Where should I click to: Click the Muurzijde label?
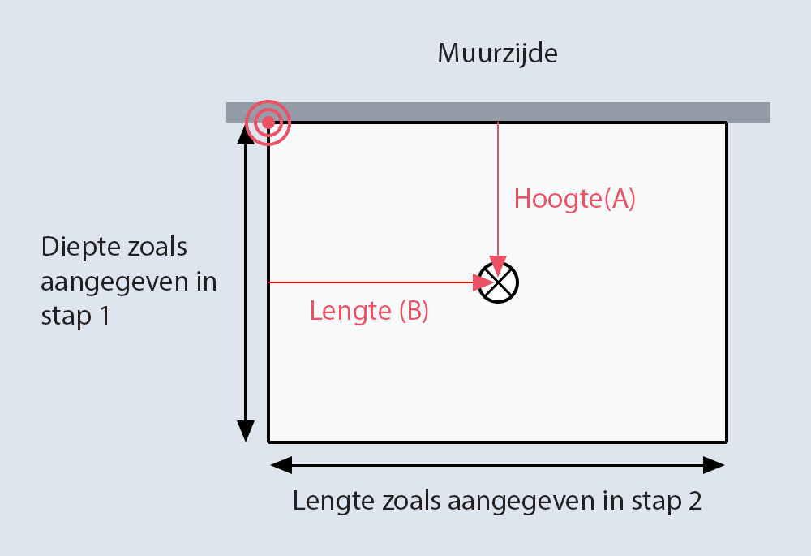pyautogui.click(x=498, y=54)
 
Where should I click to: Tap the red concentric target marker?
pyautogui.click(x=268, y=123)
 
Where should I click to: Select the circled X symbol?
pyautogui.click(x=497, y=282)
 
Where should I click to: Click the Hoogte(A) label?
pyautogui.click(x=574, y=199)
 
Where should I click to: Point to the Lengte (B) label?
pyautogui.click(x=369, y=311)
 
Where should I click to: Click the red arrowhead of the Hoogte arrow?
pyautogui.click(x=497, y=265)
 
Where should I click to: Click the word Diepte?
pyautogui.click(x=84, y=246)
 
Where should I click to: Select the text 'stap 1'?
pyautogui.click(x=75, y=316)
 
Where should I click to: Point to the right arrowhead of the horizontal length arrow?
pyautogui.click(x=714, y=465)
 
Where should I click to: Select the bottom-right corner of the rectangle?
pyautogui.click(x=727, y=442)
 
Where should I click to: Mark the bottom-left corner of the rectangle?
pyautogui.click(x=268, y=442)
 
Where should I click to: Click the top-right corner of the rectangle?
pyautogui.click(x=727, y=123)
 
